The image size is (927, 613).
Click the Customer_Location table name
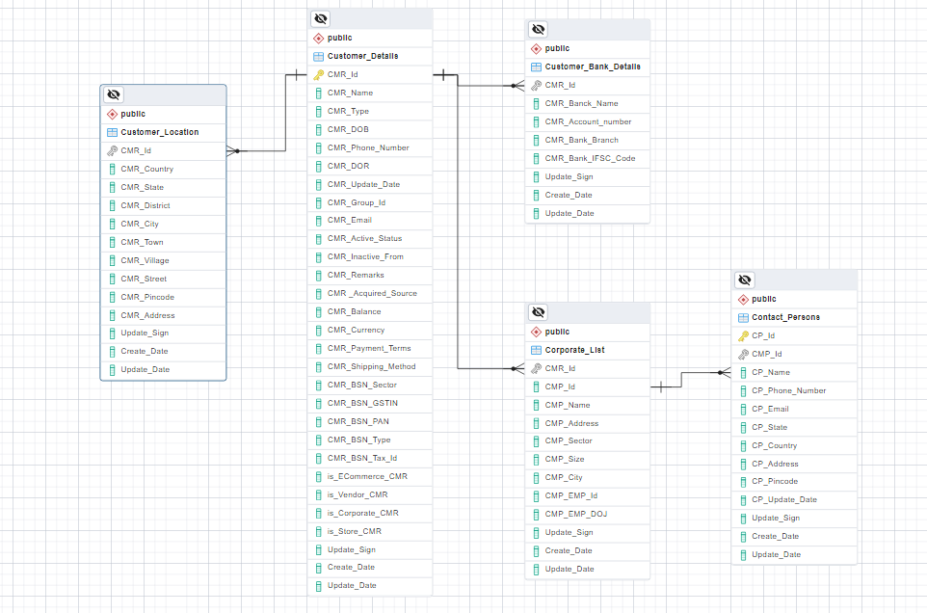coord(159,132)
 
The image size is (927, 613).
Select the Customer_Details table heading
coord(362,56)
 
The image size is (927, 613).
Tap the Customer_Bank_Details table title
coord(592,67)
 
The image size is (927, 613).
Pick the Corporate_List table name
coord(574,350)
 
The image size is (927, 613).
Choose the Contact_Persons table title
coord(785,317)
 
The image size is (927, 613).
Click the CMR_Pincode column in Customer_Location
coord(147,297)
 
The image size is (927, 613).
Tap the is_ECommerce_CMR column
coord(367,476)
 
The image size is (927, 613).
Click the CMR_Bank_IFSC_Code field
coord(590,158)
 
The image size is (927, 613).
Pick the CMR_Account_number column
coord(588,121)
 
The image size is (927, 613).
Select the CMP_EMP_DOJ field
coord(575,514)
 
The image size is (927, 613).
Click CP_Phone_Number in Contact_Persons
coord(788,390)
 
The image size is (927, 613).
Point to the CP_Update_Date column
coord(783,499)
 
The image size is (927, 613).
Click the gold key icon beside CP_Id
coord(743,335)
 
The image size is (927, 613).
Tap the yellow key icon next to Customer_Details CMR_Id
coord(319,74)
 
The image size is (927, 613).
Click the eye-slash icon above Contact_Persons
coord(745,280)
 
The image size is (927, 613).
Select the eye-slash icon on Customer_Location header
coord(114,94)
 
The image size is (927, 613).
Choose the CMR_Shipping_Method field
coord(371,366)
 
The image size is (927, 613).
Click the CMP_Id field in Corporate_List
coord(560,386)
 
